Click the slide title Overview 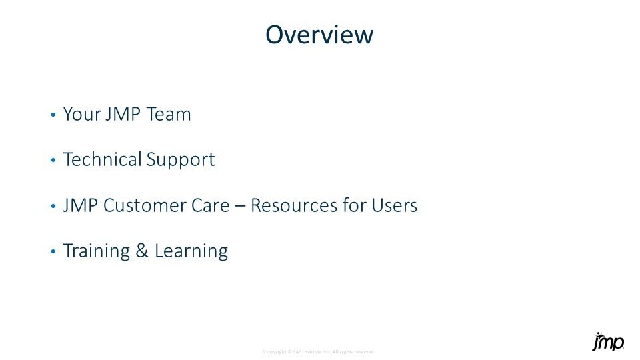(319, 35)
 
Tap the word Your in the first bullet (81, 115)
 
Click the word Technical (103, 160)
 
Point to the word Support (180, 161)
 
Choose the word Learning (191, 251)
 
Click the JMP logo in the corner (608, 341)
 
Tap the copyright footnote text (319, 351)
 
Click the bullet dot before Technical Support (53, 161)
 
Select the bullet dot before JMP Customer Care (53, 207)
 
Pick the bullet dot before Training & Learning (53, 253)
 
